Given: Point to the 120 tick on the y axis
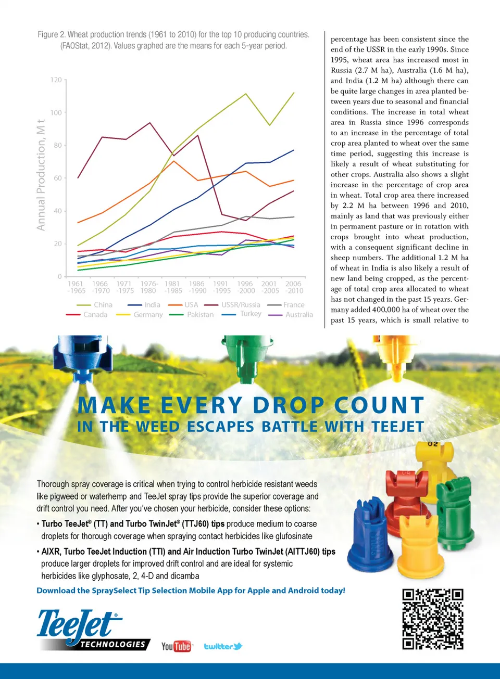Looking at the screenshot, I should [56, 80].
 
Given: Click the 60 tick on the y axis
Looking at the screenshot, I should [58, 178].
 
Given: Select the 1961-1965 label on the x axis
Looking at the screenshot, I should [76, 287].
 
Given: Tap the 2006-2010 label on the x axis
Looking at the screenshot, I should [294, 287].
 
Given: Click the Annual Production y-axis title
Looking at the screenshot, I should [41, 175].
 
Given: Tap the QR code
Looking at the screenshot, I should [432, 619].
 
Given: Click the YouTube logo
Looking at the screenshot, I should [176, 646].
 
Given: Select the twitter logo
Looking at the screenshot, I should [223, 646].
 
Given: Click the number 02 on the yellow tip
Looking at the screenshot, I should [433, 444].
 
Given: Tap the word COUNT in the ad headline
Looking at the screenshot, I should [379, 405].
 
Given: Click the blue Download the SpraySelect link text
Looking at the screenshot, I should [191, 591].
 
